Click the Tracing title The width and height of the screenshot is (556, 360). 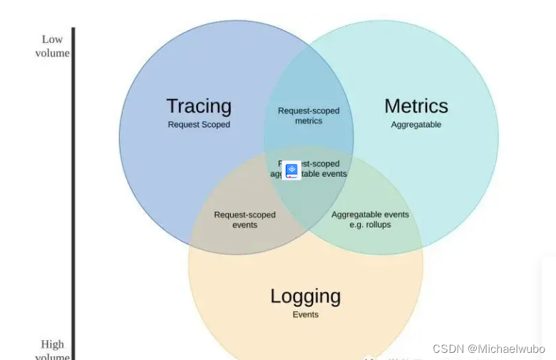pyautogui.click(x=199, y=106)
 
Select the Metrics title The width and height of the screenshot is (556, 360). pyautogui.click(x=416, y=106)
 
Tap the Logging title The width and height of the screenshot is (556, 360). pyautogui.click(x=305, y=296)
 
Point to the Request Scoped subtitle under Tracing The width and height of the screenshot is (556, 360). pyautogui.click(x=199, y=125)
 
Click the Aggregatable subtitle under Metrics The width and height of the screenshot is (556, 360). pyautogui.click(x=416, y=125)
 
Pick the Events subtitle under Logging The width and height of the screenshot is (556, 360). pyautogui.click(x=305, y=314)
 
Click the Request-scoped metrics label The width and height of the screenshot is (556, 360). pyautogui.click(x=309, y=115)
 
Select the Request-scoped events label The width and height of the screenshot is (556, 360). pyautogui.click(x=244, y=220)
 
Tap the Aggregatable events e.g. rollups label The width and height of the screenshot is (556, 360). pyautogui.click(x=370, y=220)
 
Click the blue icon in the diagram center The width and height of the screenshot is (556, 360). pyautogui.click(x=292, y=170)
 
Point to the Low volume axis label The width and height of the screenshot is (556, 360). pyautogui.click(x=52, y=46)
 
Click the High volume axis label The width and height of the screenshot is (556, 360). pyautogui.click(x=52, y=351)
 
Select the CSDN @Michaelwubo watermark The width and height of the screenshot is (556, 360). pyautogui.click(x=488, y=349)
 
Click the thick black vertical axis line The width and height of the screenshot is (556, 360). pyautogui.click(x=73, y=192)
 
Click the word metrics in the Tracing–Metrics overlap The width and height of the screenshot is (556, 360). pyautogui.click(x=309, y=121)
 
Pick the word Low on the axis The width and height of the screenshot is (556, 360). pyautogui.click(x=52, y=39)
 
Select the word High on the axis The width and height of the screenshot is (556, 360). pyautogui.click(x=52, y=345)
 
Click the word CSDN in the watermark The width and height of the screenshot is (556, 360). pyautogui.click(x=448, y=349)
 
